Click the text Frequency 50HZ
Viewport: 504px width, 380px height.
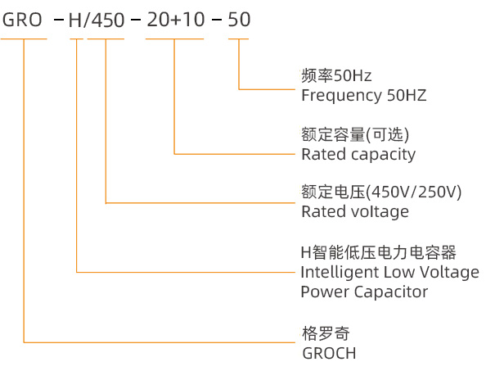coord(363,95)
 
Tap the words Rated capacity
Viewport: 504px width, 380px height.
coord(358,154)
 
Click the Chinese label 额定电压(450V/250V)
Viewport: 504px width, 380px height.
coord(381,193)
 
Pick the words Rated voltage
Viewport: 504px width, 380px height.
coord(354,212)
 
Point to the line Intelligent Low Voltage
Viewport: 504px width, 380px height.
coord(389,272)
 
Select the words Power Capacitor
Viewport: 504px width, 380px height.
coord(364,292)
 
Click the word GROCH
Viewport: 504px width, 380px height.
coord(329,353)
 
